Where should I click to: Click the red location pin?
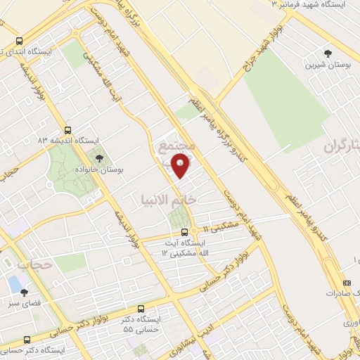tap(181, 167)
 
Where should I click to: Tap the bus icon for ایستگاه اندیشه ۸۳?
tap(67, 130)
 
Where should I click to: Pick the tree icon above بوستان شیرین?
tap(327, 53)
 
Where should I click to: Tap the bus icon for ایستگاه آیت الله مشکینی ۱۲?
tap(184, 232)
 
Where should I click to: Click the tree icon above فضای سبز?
tap(25, 292)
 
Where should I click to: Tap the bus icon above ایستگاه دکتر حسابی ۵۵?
tap(141, 308)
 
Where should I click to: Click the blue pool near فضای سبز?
tap(14, 283)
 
